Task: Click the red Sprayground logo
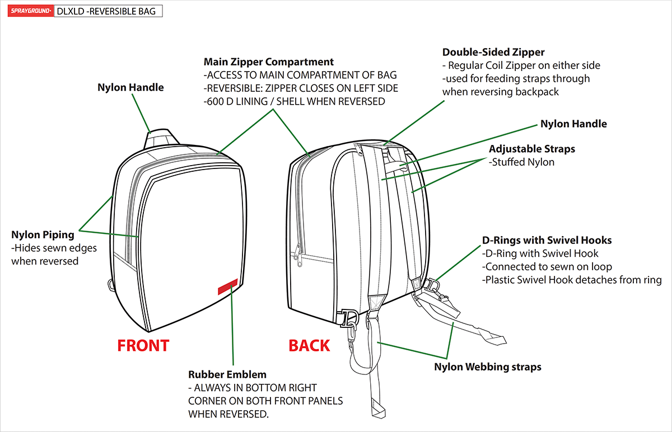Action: [30, 11]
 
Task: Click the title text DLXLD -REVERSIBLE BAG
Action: [108, 11]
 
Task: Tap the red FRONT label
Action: [143, 346]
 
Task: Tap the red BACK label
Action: [309, 346]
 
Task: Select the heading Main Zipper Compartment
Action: [269, 62]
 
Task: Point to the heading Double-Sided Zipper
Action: [493, 52]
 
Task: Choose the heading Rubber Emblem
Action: [227, 374]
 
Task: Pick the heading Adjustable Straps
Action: [532, 149]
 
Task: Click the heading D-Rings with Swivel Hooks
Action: [547, 240]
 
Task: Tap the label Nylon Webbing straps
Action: [488, 367]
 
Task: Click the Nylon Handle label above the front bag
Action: [130, 87]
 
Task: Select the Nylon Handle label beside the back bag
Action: [573, 124]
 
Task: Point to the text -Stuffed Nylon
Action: [521, 162]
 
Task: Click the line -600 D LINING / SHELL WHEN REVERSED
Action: [294, 101]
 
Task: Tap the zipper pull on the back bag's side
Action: [299, 257]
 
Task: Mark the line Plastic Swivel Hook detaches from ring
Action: [572, 280]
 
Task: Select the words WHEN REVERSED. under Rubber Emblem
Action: [228, 414]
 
